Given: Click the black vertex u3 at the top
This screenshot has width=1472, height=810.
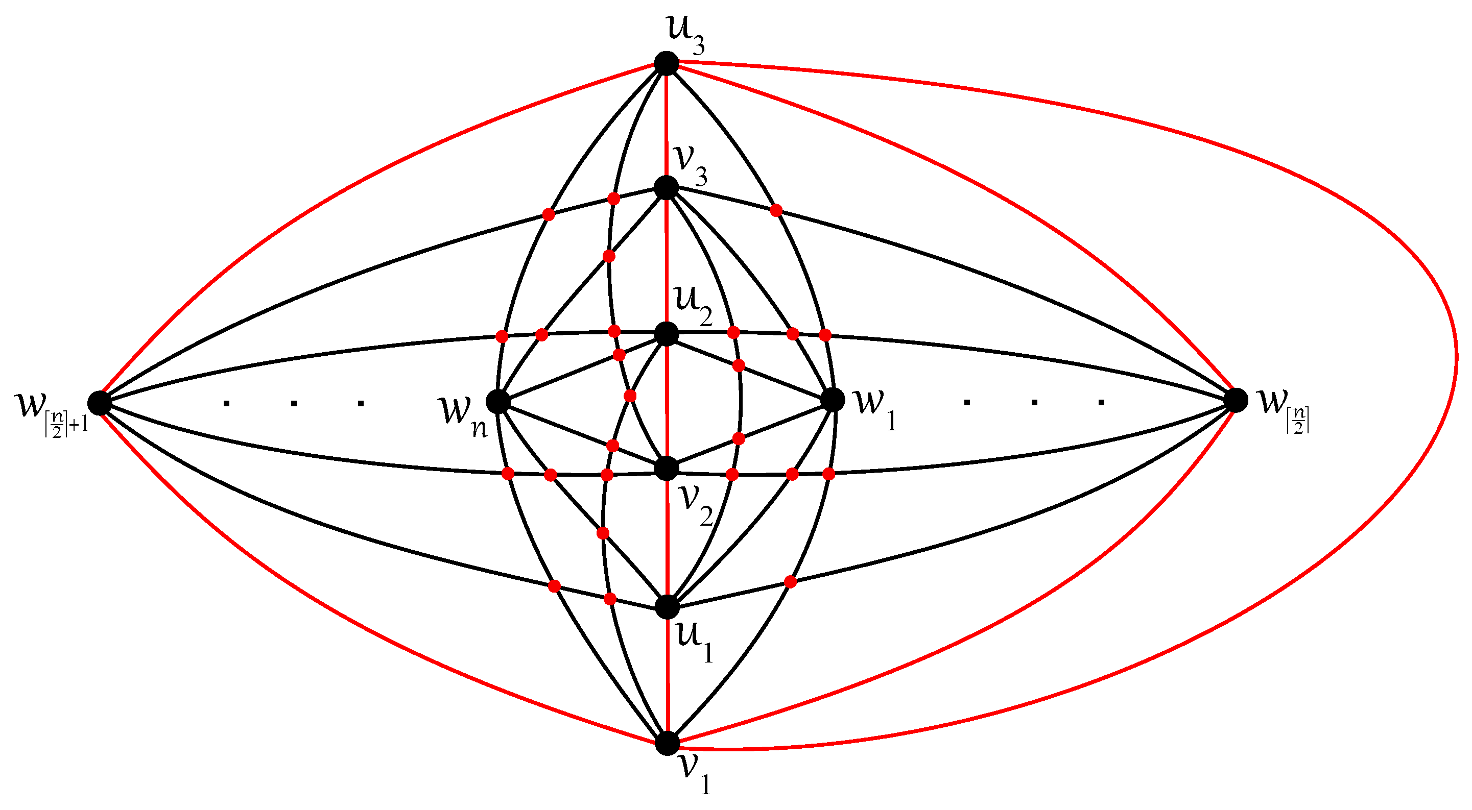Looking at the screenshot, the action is [x=667, y=63].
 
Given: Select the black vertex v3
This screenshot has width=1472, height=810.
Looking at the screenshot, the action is [x=667, y=187].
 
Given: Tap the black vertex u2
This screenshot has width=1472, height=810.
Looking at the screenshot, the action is [x=667, y=334].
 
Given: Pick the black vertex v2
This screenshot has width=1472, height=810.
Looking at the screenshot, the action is [x=667, y=469].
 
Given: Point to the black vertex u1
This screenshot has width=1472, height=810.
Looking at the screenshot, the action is [x=667, y=607].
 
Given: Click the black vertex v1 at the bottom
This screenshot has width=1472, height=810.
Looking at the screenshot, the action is [x=667, y=743].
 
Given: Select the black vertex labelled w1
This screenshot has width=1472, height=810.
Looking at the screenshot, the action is [x=833, y=400].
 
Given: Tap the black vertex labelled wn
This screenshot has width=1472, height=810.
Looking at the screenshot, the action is [x=498, y=402].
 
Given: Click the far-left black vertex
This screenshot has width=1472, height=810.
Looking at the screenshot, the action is [x=100, y=403].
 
